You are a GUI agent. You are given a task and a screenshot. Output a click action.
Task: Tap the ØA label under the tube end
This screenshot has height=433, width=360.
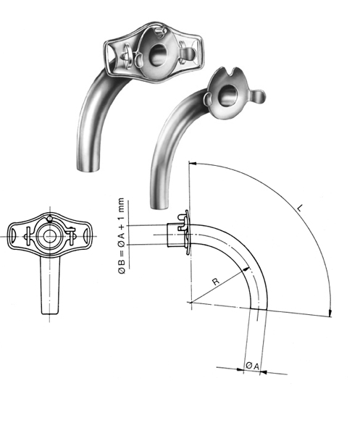point(249,366)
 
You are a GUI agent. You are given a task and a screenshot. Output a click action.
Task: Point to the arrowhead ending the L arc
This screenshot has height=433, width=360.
point(331,313)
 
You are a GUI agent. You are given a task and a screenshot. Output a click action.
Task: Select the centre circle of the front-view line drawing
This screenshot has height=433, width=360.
point(49,237)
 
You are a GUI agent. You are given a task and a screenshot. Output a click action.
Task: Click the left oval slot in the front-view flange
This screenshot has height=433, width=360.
point(16,235)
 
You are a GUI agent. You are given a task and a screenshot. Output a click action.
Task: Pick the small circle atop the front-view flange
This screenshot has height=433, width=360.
point(49,219)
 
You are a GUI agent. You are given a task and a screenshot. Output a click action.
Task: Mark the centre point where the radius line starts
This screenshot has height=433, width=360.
point(190,301)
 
